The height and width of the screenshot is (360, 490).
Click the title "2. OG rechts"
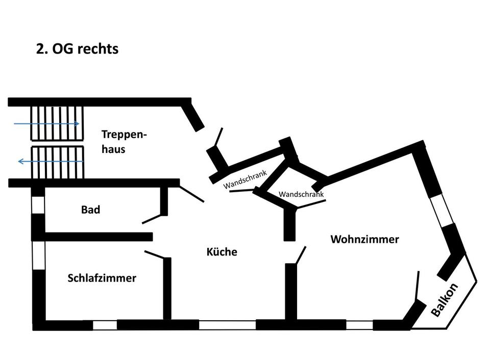click(77, 49)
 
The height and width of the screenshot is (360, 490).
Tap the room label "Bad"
click(90, 210)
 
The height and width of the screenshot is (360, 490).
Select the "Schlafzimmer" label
click(102, 278)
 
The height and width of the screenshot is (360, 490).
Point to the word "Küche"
click(222, 252)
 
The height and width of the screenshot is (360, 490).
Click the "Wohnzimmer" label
click(364, 239)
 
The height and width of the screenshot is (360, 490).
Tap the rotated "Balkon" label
click(444, 300)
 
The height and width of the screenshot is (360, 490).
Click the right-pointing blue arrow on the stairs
click(46, 123)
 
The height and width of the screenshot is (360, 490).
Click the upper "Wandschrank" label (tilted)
click(246, 179)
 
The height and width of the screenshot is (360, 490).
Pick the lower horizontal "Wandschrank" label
click(301, 194)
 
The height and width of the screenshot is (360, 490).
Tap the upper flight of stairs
click(57, 123)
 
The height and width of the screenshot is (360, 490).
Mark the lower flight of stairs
click(57, 162)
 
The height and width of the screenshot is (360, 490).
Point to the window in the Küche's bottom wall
click(227, 325)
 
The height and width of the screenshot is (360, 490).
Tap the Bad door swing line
click(152, 219)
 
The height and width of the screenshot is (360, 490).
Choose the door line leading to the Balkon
click(418, 286)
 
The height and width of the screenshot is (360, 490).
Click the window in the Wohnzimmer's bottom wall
click(359, 325)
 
